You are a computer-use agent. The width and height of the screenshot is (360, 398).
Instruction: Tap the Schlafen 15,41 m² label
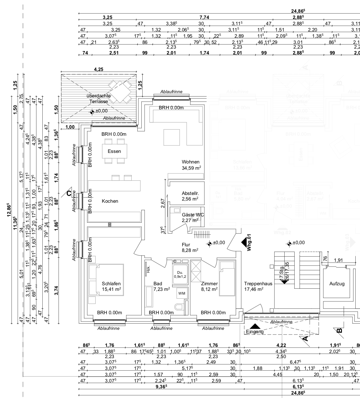111,287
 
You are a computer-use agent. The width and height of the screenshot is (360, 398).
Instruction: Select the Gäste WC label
193,215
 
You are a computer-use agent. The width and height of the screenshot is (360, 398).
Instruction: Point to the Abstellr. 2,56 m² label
190,196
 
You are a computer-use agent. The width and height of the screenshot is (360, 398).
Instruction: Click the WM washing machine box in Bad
182,293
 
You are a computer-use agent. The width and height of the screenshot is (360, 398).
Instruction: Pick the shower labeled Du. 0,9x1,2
180,274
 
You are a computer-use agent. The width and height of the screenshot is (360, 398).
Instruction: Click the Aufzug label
337,284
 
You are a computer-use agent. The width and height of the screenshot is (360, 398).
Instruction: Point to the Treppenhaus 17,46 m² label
258,286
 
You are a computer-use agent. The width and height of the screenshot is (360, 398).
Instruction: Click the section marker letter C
69,193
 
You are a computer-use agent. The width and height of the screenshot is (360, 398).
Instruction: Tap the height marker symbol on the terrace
92,112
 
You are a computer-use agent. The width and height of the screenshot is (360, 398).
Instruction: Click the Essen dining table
114,151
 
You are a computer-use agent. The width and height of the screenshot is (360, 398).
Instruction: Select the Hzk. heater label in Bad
148,270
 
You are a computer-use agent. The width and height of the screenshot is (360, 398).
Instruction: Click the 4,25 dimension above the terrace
98,69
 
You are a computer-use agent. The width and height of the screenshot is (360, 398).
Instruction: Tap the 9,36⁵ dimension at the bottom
162,386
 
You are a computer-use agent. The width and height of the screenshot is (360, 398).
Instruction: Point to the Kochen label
110,201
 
